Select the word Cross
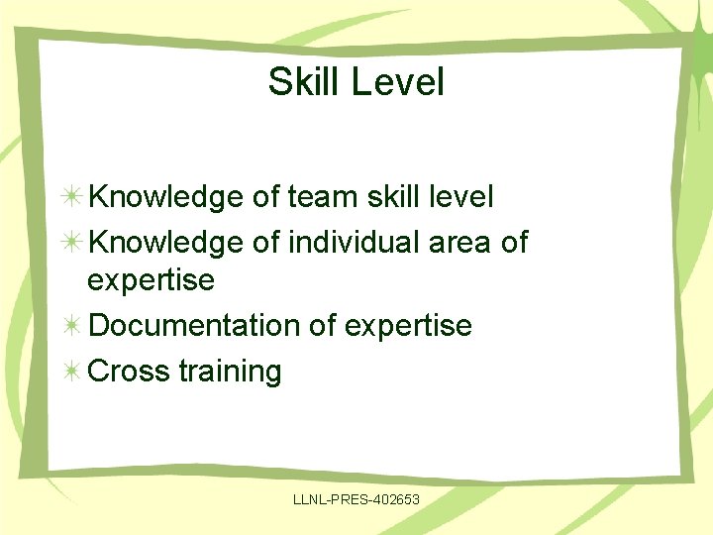pos(130,372)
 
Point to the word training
pos(231,373)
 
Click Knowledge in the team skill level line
pos(165,197)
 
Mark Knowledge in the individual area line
pos(165,242)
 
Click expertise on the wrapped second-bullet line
pos(151,280)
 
